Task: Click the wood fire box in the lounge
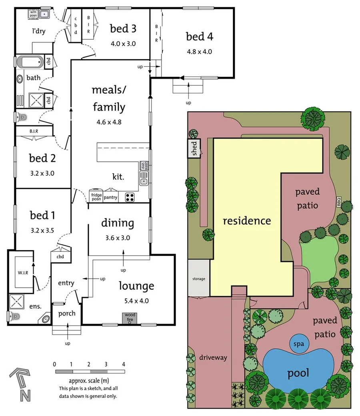pyautogui.click(x=130, y=318)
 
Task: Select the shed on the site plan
pyautogui.click(x=194, y=149)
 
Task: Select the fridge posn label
pyautogui.click(x=96, y=195)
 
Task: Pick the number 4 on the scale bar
pyautogui.click(x=124, y=364)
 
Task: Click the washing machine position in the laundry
pyautogui.click(x=33, y=14)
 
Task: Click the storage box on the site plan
pyautogui.click(x=198, y=279)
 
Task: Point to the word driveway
pyautogui.click(x=213, y=358)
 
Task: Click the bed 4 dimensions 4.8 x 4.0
pyautogui.click(x=199, y=51)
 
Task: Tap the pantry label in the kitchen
pyautogui.click(x=110, y=197)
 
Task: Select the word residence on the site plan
pyautogui.click(x=246, y=221)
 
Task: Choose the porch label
pyautogui.click(x=66, y=313)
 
